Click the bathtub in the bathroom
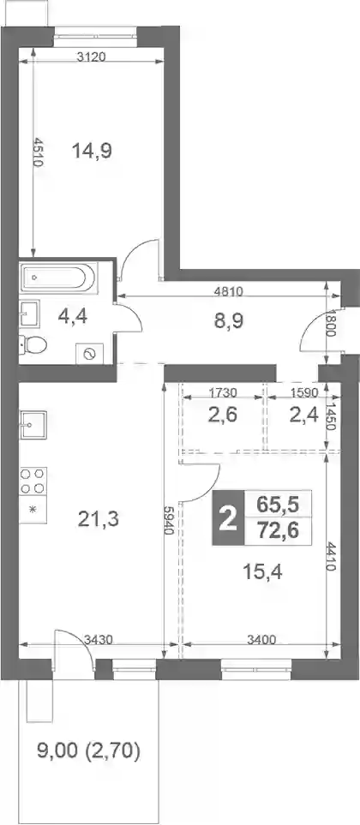58,278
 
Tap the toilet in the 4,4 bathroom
33,344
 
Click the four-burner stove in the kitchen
33,481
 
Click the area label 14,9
93,152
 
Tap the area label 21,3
99,520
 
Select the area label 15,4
262,571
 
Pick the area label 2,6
223,415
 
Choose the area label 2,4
303,415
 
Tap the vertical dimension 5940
169,520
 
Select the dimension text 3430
99,640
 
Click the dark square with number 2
228,518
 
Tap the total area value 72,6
278,531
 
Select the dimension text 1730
222,392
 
